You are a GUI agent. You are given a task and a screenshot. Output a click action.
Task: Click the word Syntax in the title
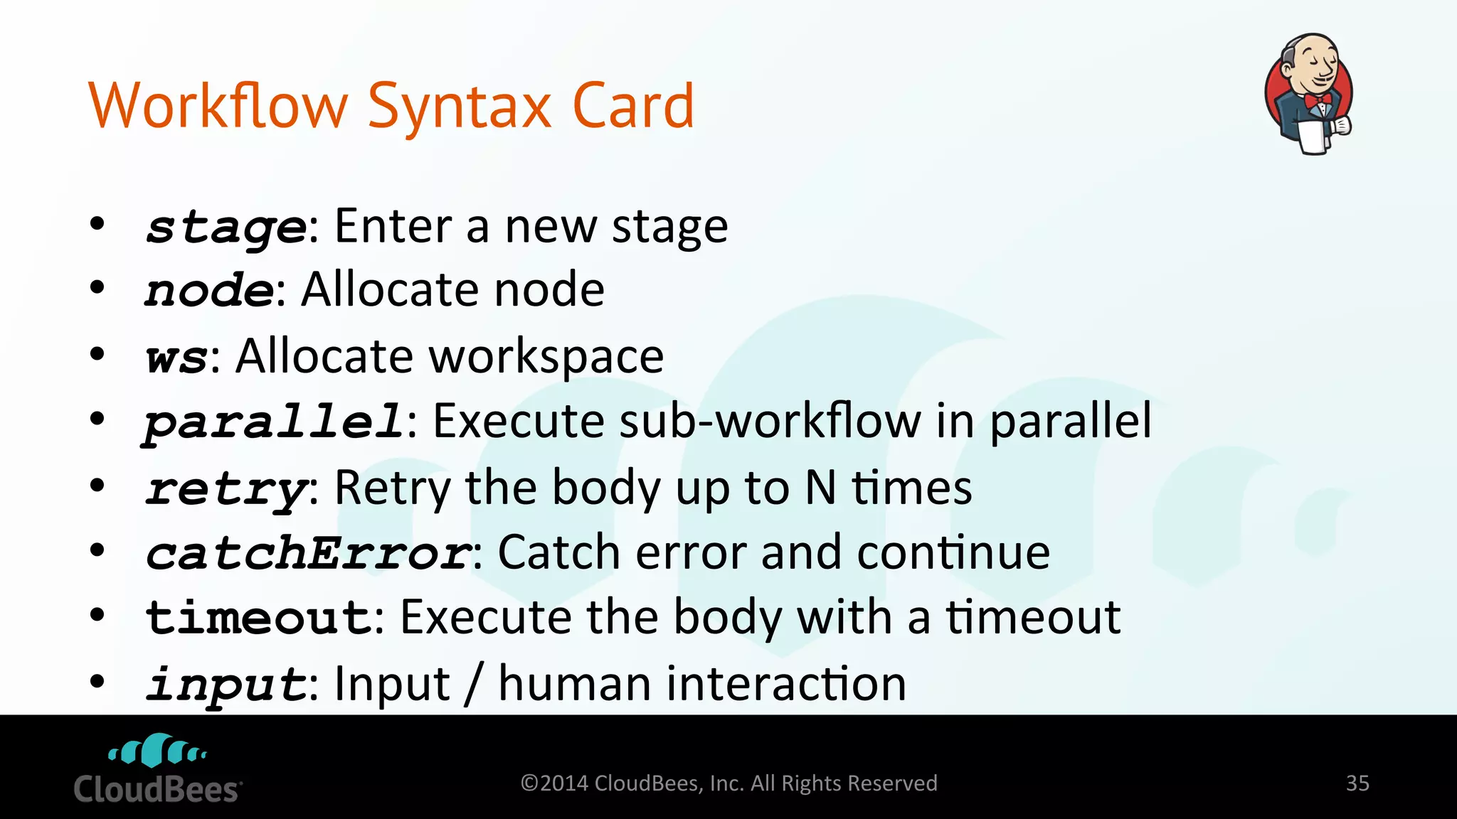(x=460, y=107)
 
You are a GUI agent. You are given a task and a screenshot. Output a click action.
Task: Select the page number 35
(x=1357, y=783)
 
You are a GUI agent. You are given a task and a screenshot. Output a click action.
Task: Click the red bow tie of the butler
(x=1318, y=100)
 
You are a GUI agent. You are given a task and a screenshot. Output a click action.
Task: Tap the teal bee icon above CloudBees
(x=157, y=751)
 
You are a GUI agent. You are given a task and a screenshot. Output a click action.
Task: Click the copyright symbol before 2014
(x=529, y=783)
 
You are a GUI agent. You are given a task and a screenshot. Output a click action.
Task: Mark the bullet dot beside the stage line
(x=97, y=224)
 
